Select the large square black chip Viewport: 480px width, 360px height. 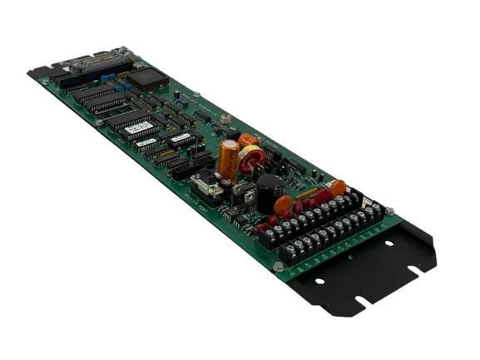tap(147, 79)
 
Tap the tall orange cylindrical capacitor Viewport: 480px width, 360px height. tap(229, 158)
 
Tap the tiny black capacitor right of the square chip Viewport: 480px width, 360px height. tap(177, 94)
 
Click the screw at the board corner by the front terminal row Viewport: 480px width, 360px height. tap(277, 266)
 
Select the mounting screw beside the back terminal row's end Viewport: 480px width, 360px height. tap(388, 210)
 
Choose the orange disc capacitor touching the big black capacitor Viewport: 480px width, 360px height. tap(283, 204)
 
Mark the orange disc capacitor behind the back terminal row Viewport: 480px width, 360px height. tap(337, 187)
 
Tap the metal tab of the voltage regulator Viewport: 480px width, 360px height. tap(242, 188)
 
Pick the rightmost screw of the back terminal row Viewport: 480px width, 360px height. tap(375, 205)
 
